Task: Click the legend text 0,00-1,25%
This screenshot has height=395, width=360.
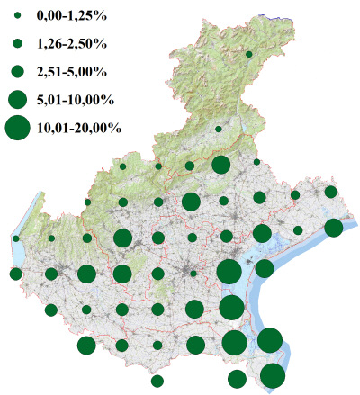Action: [x=71, y=15]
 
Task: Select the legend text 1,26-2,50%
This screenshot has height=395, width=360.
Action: [x=71, y=42]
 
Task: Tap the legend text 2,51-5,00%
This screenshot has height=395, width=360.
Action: [x=71, y=69]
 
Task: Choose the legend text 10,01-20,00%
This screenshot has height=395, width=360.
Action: [x=79, y=128]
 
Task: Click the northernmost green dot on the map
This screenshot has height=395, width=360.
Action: [x=248, y=55]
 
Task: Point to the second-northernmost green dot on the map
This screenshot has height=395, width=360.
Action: [x=219, y=130]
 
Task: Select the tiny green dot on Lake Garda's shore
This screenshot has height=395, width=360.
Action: [x=16, y=238]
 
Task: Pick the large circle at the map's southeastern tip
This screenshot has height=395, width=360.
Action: [x=273, y=376]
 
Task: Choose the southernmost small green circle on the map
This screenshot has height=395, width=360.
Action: [x=157, y=381]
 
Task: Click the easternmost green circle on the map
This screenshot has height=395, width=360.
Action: [x=333, y=228]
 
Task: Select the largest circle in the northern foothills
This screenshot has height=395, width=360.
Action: [x=220, y=165]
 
